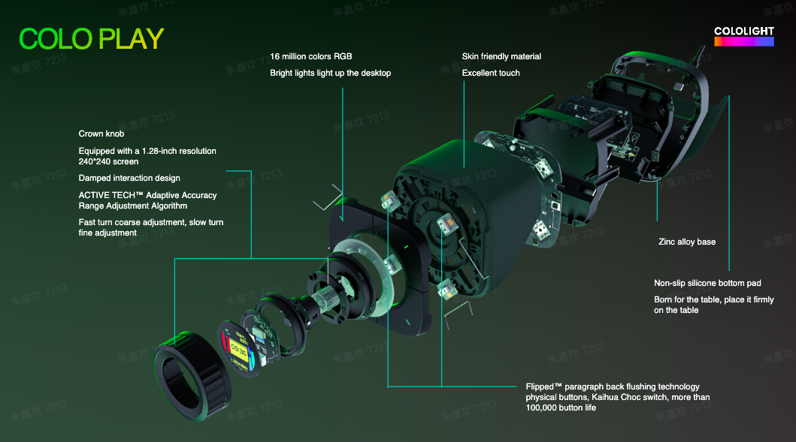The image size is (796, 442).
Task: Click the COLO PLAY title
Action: (92, 39)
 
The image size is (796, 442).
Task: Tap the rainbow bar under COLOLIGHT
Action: (743, 41)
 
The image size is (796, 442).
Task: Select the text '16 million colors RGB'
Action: (310, 56)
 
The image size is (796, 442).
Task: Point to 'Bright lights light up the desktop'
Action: (331, 73)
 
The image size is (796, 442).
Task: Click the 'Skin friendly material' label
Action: (501, 56)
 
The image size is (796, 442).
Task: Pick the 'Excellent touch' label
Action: (491, 73)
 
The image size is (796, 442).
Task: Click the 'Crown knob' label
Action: (101, 134)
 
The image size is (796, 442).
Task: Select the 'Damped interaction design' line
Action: (129, 178)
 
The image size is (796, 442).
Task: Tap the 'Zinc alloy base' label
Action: (687, 242)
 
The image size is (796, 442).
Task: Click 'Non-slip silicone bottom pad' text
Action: (707, 283)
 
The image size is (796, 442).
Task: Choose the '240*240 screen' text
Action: (108, 161)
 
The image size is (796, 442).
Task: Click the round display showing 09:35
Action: (238, 349)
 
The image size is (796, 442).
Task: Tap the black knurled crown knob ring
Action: (193, 376)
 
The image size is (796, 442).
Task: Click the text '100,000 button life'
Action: (561, 407)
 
